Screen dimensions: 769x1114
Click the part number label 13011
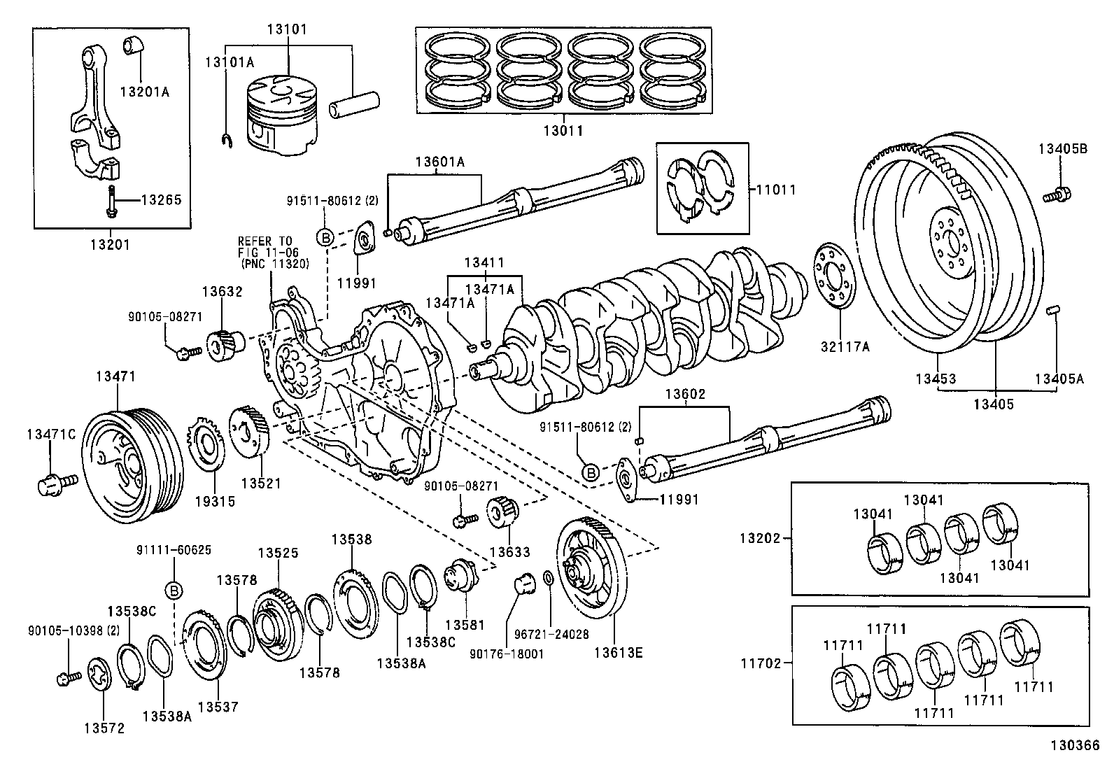coord(563,131)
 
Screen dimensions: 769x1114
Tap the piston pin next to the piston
coord(356,102)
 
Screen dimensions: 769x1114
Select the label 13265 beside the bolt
coord(161,200)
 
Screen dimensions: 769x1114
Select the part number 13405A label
coord(1058,379)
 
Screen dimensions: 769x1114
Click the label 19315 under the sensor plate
coord(214,501)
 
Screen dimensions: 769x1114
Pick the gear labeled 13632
coord(224,343)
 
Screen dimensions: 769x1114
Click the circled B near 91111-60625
coord(174,591)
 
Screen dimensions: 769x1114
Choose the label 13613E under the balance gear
coord(618,654)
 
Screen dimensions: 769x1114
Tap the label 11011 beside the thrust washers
coord(777,190)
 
